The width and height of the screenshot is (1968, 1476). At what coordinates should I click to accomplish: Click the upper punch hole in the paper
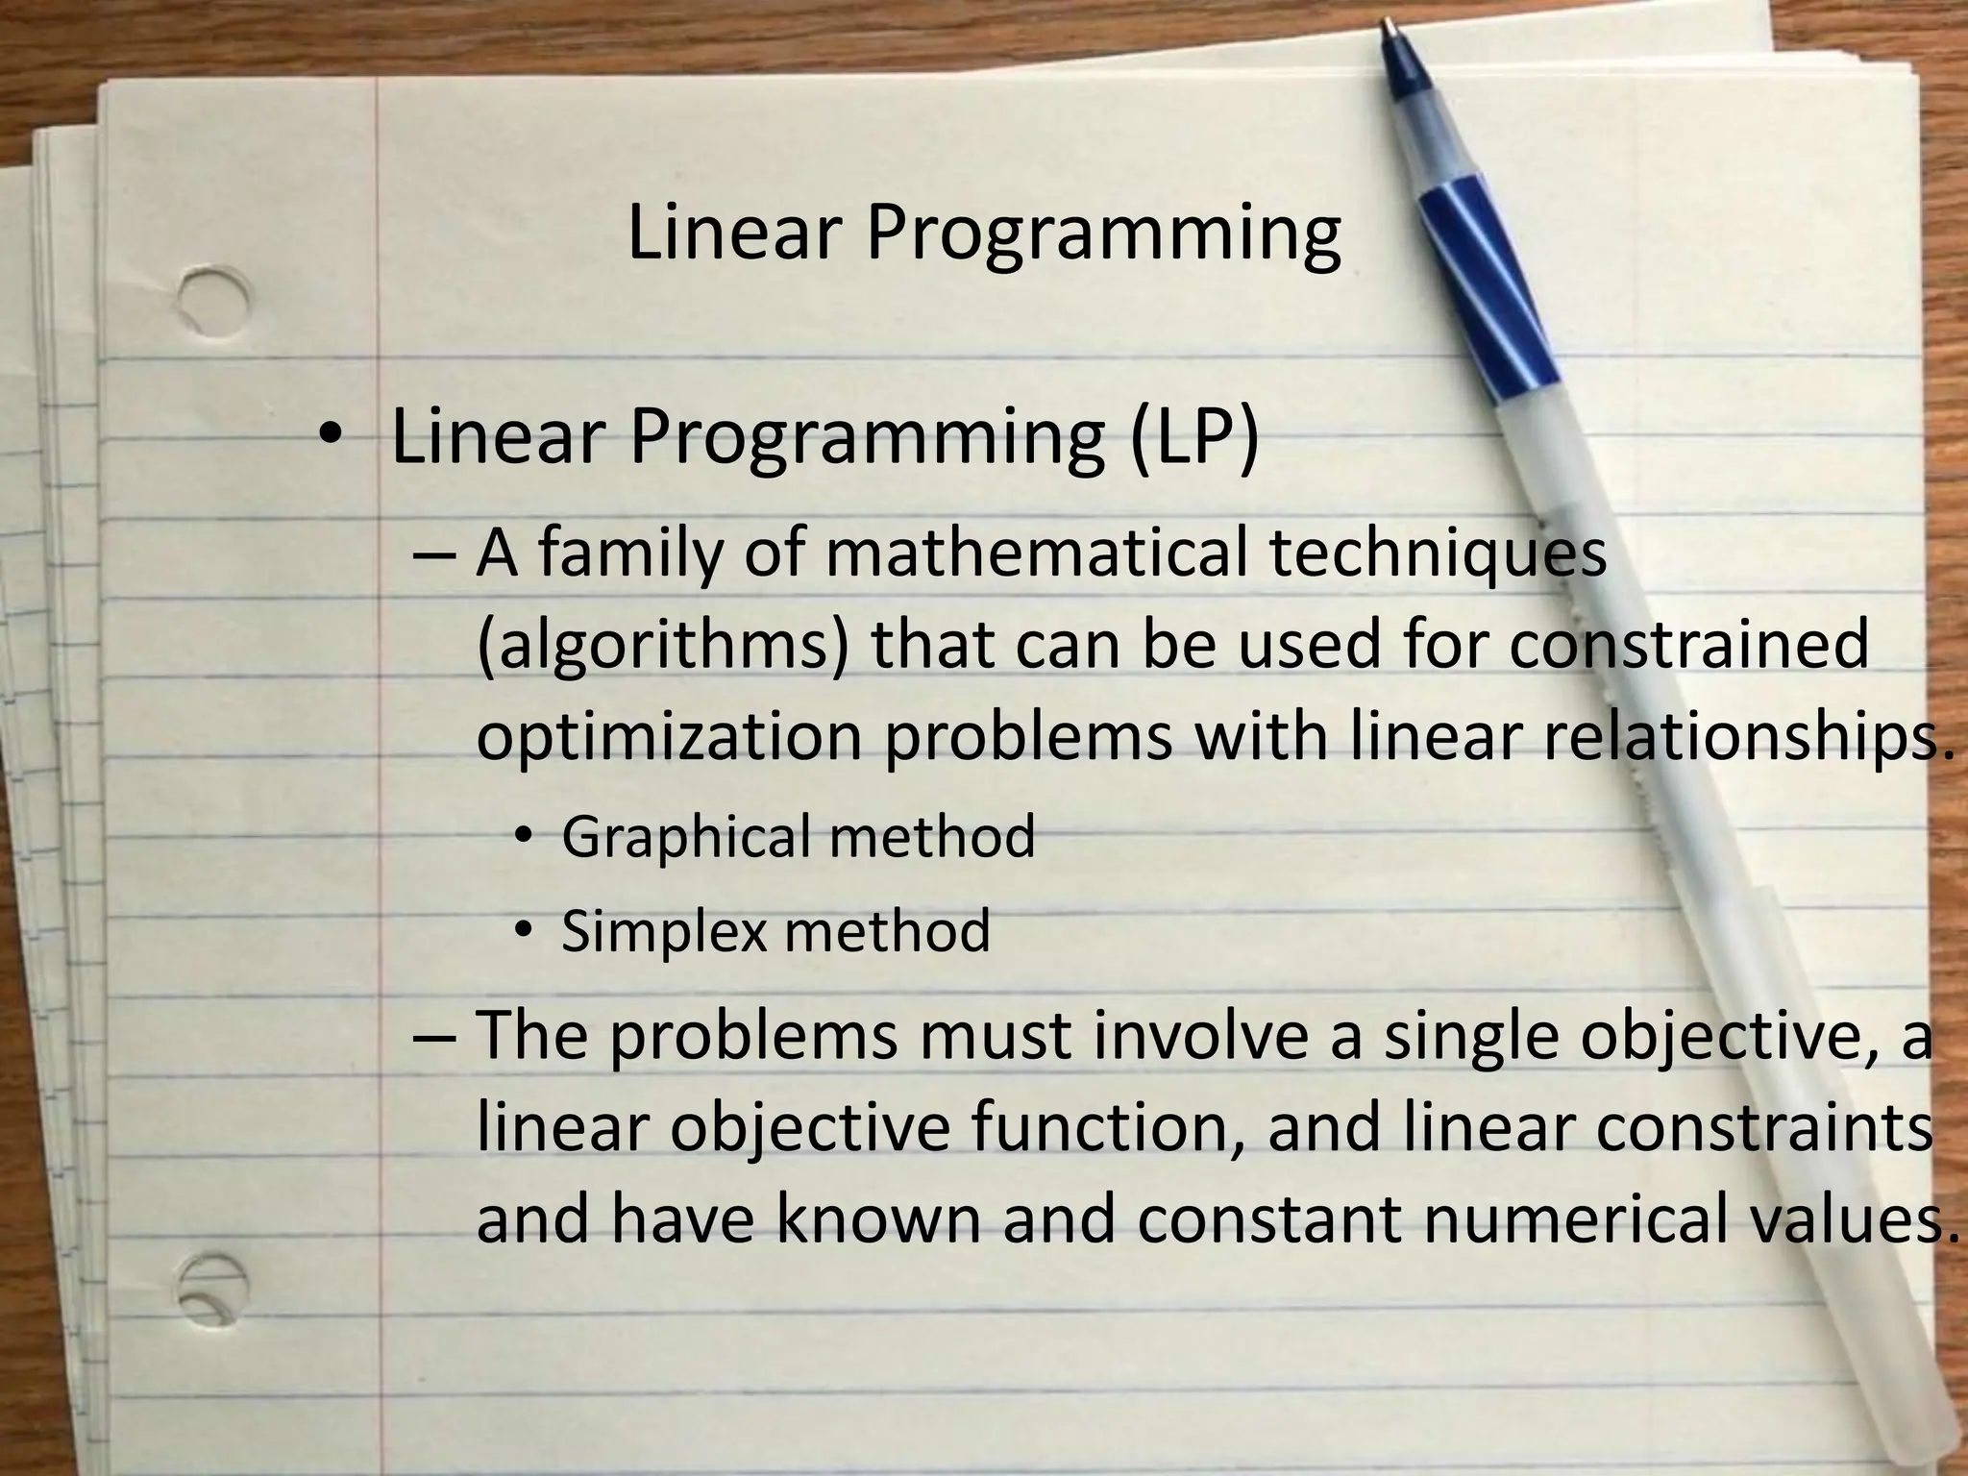[212, 301]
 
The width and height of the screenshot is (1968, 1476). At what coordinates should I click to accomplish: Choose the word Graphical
[686, 837]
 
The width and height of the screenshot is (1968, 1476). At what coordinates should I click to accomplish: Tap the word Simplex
[664, 932]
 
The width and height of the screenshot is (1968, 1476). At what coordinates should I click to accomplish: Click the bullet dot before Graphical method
[523, 836]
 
